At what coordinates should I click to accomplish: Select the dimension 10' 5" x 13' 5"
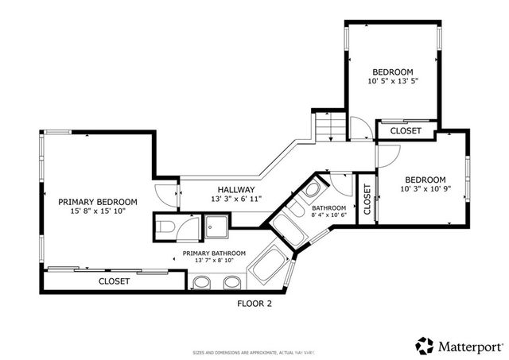(x=393, y=81)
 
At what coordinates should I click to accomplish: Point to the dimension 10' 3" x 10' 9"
(x=425, y=190)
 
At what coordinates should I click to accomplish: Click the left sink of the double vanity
(x=202, y=282)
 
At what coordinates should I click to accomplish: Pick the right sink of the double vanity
(x=231, y=282)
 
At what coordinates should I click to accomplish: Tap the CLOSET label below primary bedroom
(x=115, y=281)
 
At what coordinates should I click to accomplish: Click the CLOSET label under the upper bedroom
(x=406, y=131)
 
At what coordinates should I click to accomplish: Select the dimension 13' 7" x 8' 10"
(x=214, y=260)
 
